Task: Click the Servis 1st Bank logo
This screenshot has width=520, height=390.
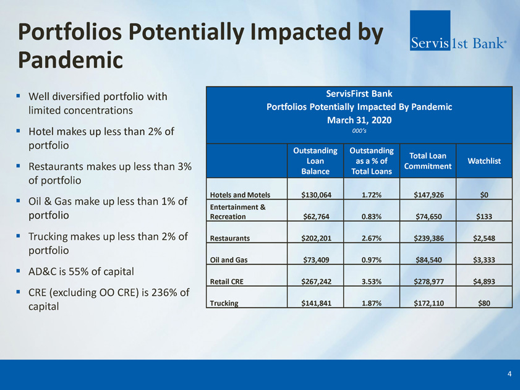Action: point(458,30)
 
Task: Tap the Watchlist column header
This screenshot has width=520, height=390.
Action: point(484,161)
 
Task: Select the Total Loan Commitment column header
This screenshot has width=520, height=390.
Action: point(428,161)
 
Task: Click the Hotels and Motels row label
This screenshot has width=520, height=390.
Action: point(240,195)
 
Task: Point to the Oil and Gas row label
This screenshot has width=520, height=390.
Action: point(229,260)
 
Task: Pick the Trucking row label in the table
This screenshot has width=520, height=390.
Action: point(224,303)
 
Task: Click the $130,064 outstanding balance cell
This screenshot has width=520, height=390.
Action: point(316,195)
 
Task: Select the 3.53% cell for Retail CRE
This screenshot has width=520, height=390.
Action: point(372,282)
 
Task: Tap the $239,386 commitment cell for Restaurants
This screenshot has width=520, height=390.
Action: point(428,238)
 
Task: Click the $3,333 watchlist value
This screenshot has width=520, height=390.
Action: point(484,260)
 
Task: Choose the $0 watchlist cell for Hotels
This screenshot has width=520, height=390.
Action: point(484,195)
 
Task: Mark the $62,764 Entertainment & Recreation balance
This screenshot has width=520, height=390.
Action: point(316,216)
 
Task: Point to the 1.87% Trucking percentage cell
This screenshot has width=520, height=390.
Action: point(372,303)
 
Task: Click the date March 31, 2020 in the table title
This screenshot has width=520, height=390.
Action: point(359,120)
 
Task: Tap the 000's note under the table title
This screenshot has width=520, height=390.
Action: point(359,131)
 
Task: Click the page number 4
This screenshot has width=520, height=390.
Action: point(509,374)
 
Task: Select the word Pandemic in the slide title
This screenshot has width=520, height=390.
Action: point(70,60)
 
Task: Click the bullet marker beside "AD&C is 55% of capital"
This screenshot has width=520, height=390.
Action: point(18,271)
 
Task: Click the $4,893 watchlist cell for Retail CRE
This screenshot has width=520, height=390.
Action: point(484,282)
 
